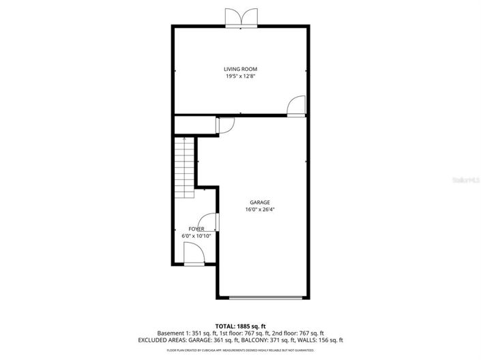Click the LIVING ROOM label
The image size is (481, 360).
[x=241, y=69]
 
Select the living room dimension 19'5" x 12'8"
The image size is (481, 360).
[x=241, y=76]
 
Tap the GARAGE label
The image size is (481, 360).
[x=260, y=202]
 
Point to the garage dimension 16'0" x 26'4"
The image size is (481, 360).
[x=260, y=210]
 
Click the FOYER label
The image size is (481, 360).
[x=196, y=229]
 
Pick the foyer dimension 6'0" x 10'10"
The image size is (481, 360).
[x=196, y=236]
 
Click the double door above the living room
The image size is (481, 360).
[x=242, y=18]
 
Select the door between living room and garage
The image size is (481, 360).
[x=296, y=108]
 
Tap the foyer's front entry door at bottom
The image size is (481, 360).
[x=194, y=256]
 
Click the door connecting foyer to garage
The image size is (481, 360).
[x=212, y=222]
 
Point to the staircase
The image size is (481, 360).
[x=184, y=166]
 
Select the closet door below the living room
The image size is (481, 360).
[x=226, y=125]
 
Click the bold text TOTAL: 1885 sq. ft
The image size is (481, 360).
[x=240, y=326]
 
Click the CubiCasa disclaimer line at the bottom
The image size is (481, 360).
[x=240, y=350]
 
